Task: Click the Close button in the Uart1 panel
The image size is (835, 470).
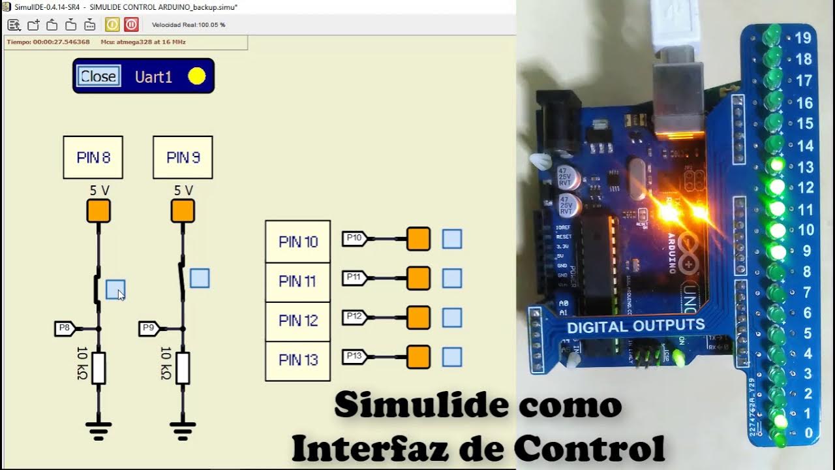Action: click(99, 76)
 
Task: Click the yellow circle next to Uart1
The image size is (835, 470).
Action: click(196, 76)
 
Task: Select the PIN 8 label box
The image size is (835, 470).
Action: click(93, 157)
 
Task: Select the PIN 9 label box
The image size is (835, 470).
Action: click(183, 157)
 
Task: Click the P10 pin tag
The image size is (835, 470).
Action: click(355, 239)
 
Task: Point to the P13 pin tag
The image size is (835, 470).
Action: click(355, 357)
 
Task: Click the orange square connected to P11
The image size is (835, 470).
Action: click(418, 278)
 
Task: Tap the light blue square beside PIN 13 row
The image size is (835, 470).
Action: click(452, 357)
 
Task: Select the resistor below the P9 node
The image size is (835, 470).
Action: click(183, 368)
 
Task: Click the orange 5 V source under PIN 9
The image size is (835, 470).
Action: click(183, 211)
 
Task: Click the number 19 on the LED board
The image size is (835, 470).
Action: click(803, 38)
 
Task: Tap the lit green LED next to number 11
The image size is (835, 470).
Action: click(776, 209)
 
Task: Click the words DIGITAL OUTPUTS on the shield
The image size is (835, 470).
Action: click(635, 326)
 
